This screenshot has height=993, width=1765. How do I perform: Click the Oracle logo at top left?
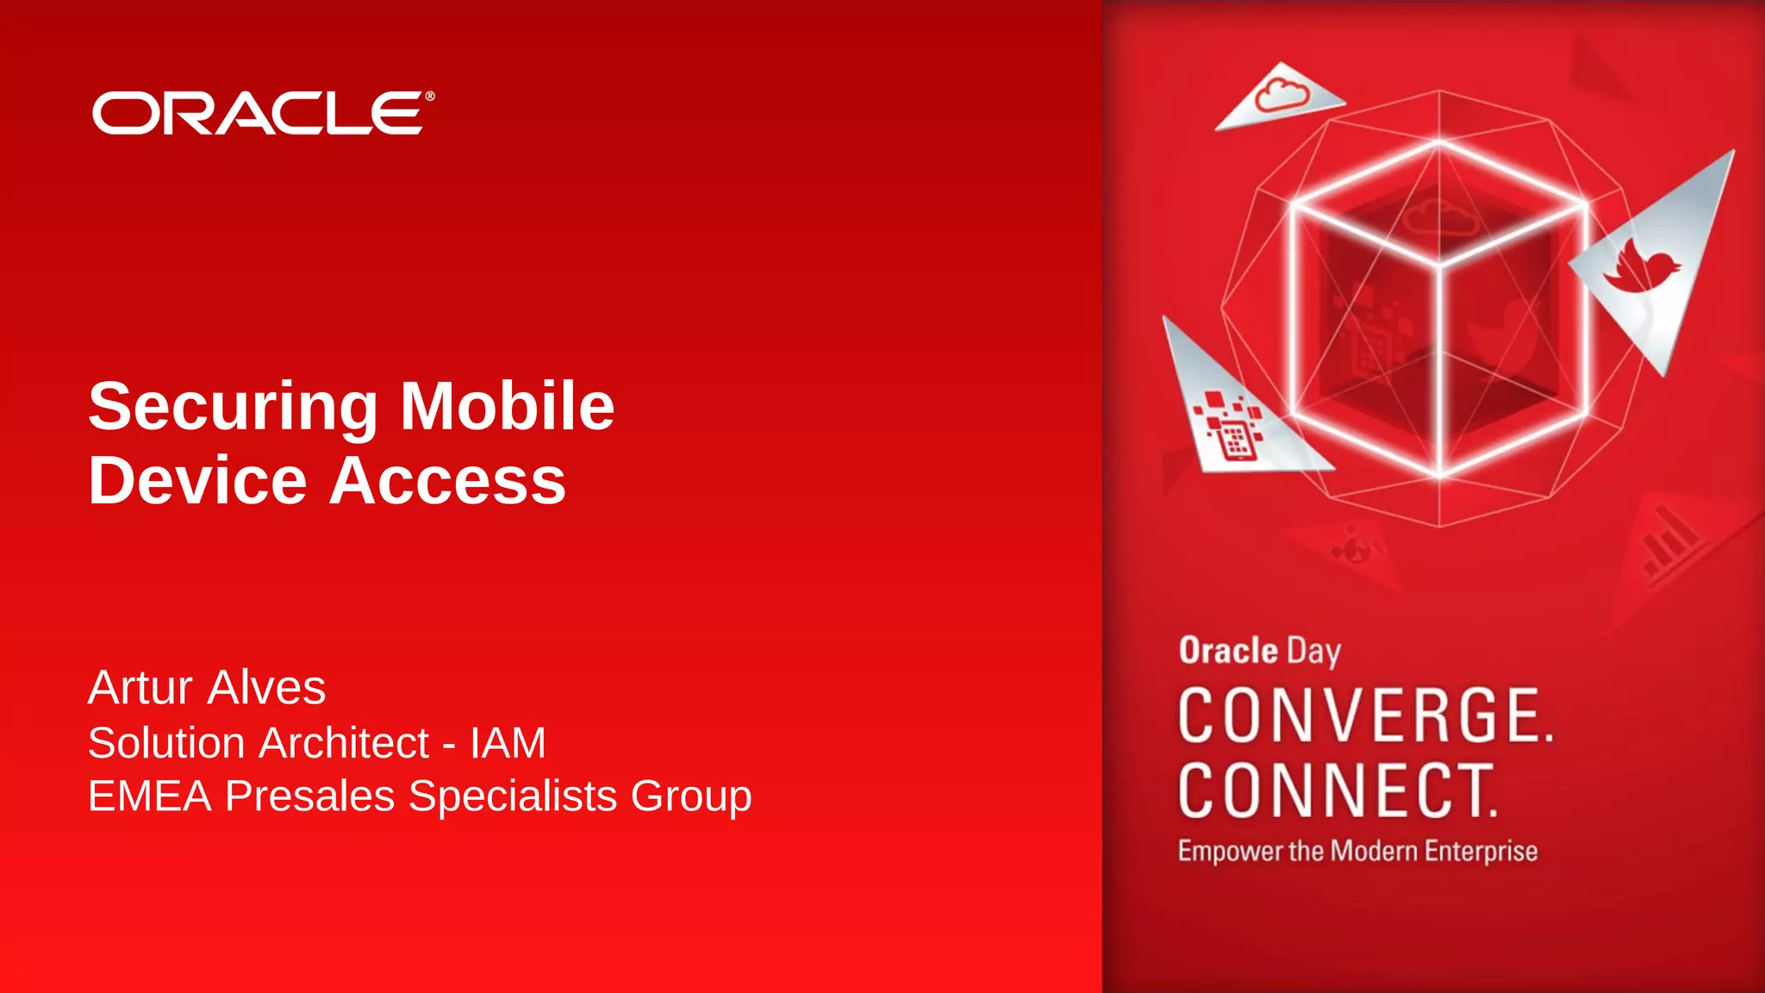click(259, 113)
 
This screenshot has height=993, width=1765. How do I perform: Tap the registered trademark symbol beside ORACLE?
click(430, 97)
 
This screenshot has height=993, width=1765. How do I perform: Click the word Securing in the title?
click(233, 407)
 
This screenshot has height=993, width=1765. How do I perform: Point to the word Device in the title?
click(197, 480)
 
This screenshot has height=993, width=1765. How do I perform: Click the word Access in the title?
click(447, 480)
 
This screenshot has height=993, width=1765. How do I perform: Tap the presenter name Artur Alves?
click(207, 687)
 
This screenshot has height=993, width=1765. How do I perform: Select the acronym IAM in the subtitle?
click(508, 743)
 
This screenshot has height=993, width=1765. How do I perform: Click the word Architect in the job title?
click(346, 743)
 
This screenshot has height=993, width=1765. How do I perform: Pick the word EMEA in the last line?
click(150, 796)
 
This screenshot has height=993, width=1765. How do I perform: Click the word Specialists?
click(513, 796)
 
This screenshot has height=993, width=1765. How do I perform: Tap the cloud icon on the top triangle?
click(1282, 95)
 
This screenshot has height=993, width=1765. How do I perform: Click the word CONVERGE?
click(1365, 715)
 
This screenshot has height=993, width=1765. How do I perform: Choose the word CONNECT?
click(1338, 790)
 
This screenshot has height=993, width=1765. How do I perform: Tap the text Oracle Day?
click(1259, 651)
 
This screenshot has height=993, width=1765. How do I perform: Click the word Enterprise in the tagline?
click(1481, 852)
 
